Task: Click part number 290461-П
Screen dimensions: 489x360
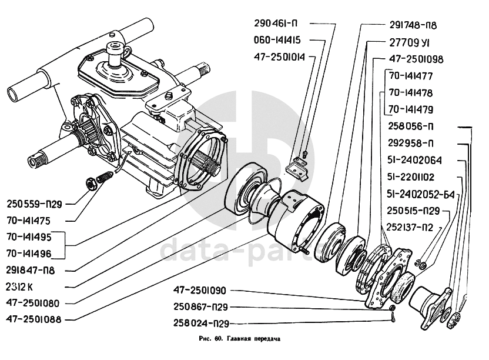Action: [x=276, y=24]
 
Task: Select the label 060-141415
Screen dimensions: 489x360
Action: [x=277, y=40]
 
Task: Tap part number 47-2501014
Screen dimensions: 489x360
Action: [x=279, y=57]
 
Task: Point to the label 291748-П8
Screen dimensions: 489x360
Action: [x=413, y=25]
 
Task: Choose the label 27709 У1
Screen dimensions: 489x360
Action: [x=409, y=42]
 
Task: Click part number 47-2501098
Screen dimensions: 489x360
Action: [x=416, y=59]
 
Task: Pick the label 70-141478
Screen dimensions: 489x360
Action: [x=410, y=93]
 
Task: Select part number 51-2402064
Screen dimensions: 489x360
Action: [x=414, y=160]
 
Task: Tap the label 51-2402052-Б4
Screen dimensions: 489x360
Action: [x=421, y=194]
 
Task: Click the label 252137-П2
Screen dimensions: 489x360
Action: [x=410, y=227]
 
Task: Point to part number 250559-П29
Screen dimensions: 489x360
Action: [x=34, y=204]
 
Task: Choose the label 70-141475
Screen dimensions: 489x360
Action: [x=28, y=221]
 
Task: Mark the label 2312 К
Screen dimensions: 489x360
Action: [x=19, y=287]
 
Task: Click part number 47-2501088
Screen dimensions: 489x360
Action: [x=34, y=319]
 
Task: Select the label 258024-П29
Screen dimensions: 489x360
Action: [x=201, y=324]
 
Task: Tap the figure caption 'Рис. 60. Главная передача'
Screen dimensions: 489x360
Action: [x=240, y=339]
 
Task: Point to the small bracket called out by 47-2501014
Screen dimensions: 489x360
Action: [x=297, y=168]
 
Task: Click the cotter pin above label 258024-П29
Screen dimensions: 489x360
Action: [x=393, y=318]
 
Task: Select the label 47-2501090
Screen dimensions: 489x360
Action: [x=199, y=291]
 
